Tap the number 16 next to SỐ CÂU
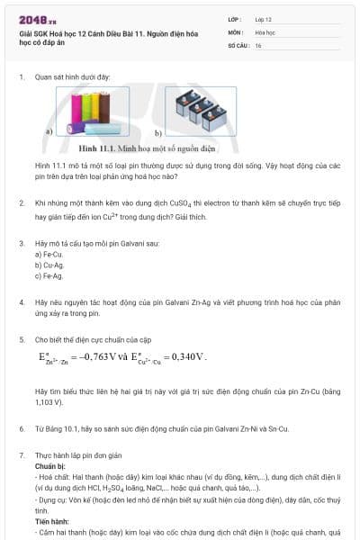258,44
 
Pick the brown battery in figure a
106,109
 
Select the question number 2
22,204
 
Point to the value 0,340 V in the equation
188,356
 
